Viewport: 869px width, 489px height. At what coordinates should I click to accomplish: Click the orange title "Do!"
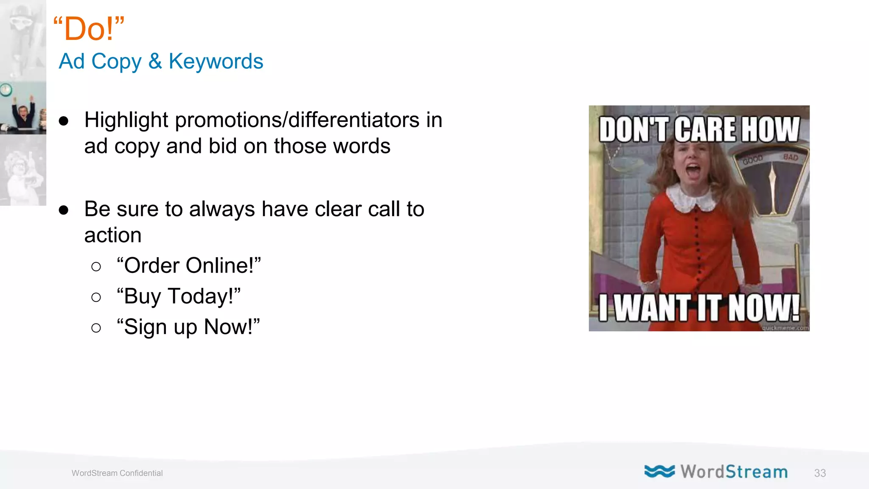click(89, 29)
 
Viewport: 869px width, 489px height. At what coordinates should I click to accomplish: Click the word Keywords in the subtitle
click(216, 62)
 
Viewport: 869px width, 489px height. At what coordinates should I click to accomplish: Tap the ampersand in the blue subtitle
click(155, 62)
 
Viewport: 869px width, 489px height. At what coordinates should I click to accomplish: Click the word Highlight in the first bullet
click(126, 120)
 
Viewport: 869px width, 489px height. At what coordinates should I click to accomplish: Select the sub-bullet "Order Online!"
click(189, 266)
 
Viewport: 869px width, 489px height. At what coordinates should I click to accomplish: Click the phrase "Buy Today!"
click(179, 296)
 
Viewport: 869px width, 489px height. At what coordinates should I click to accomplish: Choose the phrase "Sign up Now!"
click(188, 327)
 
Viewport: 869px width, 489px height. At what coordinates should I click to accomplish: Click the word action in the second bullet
click(113, 235)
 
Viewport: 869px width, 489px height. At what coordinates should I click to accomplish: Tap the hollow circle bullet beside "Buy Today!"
click(96, 297)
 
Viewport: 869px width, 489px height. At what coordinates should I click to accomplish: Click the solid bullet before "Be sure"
click(64, 210)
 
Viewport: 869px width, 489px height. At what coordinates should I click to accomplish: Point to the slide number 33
click(820, 473)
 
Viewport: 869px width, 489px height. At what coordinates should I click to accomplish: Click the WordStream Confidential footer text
click(117, 473)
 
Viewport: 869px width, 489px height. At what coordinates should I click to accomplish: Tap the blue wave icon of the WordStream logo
click(659, 471)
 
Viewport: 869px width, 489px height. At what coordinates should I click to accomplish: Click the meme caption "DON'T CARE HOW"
click(699, 129)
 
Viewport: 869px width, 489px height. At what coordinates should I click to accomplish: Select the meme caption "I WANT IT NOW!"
click(699, 308)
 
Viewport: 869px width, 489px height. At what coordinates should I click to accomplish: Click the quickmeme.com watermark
click(785, 328)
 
